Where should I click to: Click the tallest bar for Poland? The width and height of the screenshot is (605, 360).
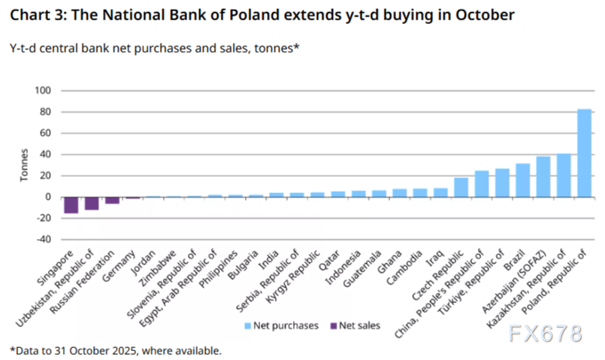click(584, 153)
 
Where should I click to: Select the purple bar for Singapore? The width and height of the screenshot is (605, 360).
click(71, 204)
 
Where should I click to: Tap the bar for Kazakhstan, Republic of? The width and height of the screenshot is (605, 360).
click(564, 175)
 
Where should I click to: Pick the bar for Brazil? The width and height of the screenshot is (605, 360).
click(522, 180)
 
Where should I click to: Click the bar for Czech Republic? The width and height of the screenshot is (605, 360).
click(461, 187)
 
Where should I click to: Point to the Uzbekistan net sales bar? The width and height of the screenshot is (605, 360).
click(92, 203)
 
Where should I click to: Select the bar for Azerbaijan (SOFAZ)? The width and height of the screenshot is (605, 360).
click(543, 177)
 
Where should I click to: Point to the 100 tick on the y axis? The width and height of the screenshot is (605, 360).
click(43, 91)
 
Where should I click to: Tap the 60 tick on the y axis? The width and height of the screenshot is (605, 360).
click(45, 133)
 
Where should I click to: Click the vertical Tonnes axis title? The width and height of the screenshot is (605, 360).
click(23, 165)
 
